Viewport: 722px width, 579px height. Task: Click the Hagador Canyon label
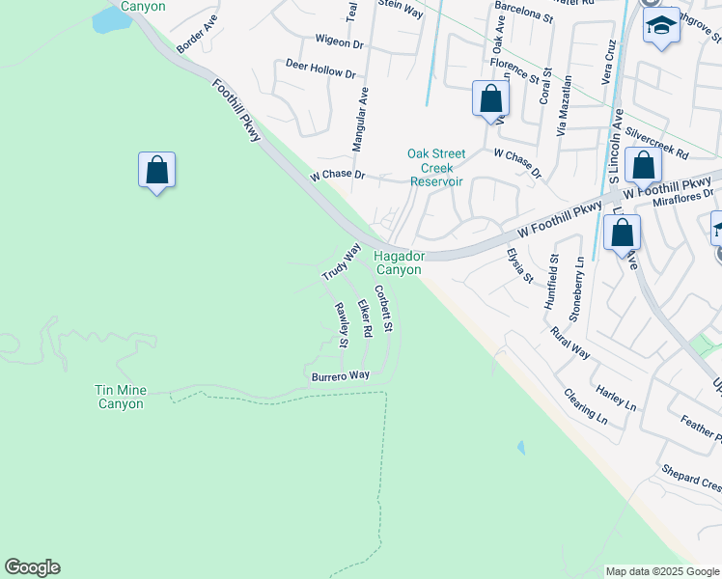[399, 262]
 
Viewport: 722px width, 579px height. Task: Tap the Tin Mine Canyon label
[121, 397]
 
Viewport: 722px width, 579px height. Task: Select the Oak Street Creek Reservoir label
[436, 167]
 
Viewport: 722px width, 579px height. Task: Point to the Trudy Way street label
[340, 262]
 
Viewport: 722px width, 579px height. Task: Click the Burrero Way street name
[340, 375]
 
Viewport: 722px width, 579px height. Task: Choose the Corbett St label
[383, 309]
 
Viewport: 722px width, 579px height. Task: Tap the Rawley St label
[342, 324]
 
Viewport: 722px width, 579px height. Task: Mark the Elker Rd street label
[365, 318]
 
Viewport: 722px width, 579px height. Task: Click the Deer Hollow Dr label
[320, 69]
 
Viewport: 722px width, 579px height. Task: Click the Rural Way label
[569, 343]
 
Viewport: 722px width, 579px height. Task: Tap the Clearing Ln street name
[586, 406]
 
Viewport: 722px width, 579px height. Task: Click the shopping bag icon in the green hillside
[156, 171]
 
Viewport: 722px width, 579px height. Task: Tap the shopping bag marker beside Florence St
[490, 98]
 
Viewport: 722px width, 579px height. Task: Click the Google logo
[32, 567]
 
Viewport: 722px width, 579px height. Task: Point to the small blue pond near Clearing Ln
[521, 448]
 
